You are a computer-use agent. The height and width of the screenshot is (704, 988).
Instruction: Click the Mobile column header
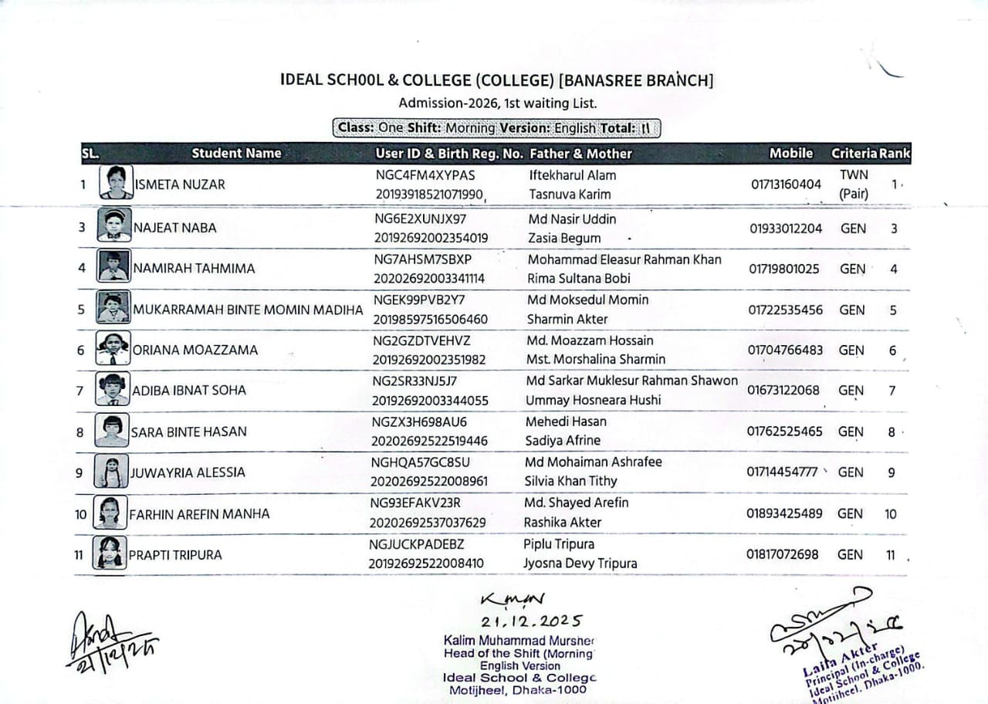791,153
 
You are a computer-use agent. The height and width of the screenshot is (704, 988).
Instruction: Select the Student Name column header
236,153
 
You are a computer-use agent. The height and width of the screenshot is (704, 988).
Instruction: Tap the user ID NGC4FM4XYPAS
425,175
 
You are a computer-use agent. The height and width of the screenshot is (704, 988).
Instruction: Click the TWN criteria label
854,175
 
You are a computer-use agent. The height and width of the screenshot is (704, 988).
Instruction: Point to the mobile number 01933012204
785,228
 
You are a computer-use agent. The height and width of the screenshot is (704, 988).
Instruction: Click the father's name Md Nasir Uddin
572,219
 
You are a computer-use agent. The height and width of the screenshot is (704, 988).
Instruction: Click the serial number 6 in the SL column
81,350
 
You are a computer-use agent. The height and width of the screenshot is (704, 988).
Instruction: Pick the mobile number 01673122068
783,390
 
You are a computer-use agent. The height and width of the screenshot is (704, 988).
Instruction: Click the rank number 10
891,513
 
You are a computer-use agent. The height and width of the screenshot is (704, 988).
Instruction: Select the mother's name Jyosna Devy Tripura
580,564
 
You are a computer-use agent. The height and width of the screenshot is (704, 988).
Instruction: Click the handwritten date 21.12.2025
532,621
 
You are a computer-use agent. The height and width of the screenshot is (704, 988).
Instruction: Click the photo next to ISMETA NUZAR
117,184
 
